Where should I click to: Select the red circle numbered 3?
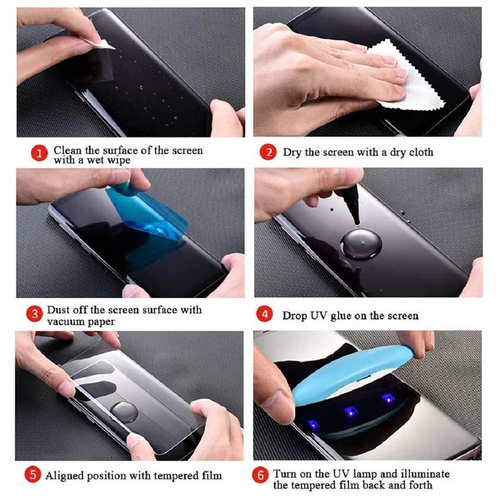(x=34, y=314)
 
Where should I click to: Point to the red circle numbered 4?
(x=266, y=315)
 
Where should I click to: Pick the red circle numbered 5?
(x=33, y=475)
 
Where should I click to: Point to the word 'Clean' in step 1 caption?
(x=66, y=150)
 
